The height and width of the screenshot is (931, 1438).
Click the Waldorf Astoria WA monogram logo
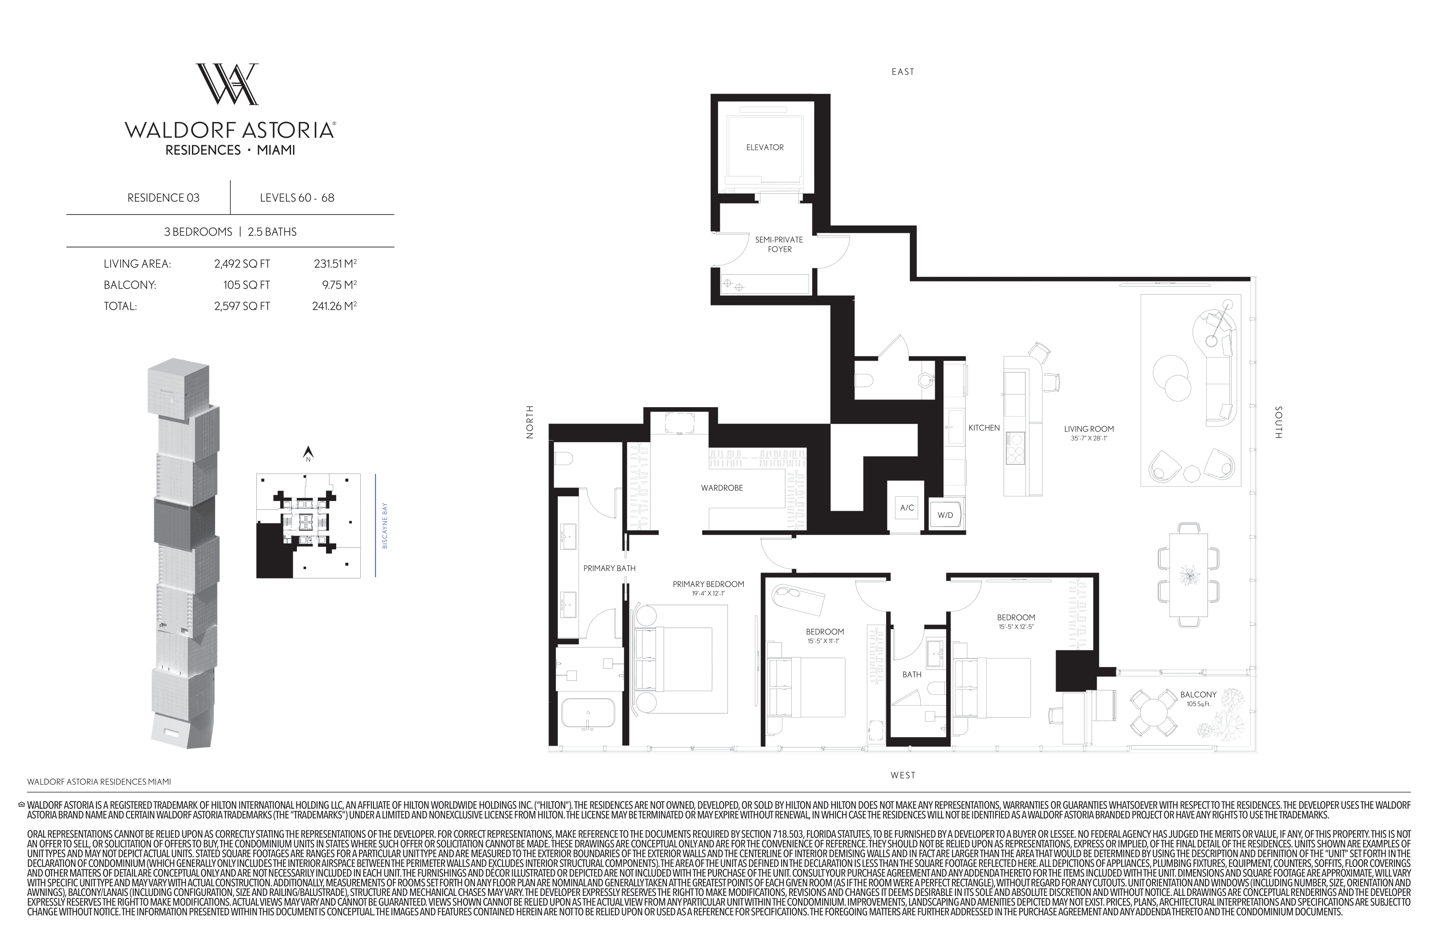tap(227, 84)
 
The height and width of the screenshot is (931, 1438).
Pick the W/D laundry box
tap(945, 515)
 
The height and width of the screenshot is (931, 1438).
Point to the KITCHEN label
tap(984, 427)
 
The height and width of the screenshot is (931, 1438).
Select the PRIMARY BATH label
tap(609, 568)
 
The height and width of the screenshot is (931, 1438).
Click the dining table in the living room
tap(1188, 575)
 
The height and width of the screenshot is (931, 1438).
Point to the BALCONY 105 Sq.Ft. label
tap(1198, 699)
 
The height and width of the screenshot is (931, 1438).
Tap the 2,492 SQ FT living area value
tap(241, 264)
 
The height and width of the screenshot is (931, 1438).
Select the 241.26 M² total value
tap(334, 306)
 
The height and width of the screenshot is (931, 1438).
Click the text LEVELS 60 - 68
tap(296, 198)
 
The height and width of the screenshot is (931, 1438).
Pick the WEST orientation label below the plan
tap(903, 775)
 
